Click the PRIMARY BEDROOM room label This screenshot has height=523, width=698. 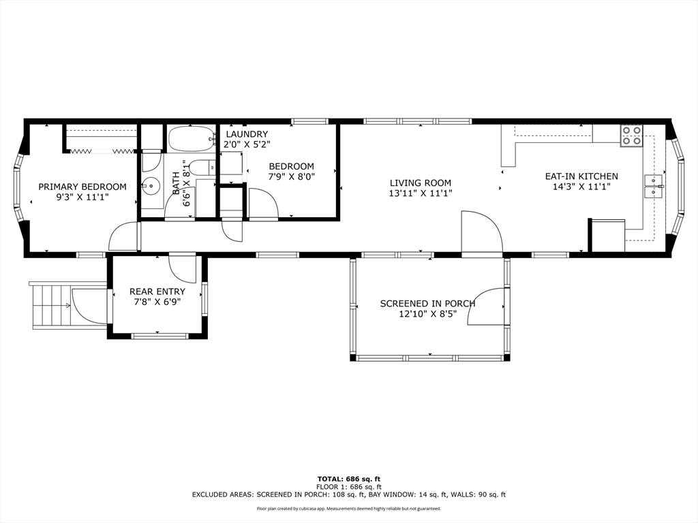(82, 187)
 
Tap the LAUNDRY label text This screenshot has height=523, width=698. (247, 134)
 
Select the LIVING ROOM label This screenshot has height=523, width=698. (420, 183)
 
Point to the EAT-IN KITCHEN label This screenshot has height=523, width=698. (581, 176)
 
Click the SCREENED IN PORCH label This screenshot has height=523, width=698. (428, 304)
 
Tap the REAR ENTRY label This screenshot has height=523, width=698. (157, 291)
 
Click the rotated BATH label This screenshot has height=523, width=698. (177, 183)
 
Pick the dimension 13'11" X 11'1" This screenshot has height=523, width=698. (420, 193)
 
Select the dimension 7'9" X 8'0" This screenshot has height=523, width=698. (292, 176)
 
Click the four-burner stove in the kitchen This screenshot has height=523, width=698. (632, 136)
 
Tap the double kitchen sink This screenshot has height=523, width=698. (654, 187)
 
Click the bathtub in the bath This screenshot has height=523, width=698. (191, 139)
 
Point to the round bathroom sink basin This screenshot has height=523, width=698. (151, 185)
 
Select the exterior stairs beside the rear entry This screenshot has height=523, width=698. (52, 306)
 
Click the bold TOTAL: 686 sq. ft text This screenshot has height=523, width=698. (348, 479)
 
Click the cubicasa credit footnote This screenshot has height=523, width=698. (348, 508)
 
